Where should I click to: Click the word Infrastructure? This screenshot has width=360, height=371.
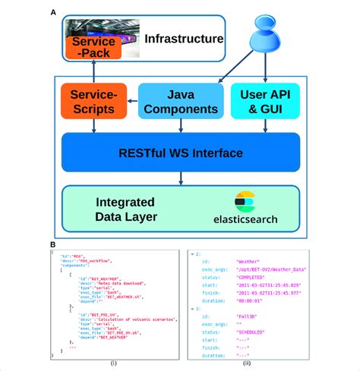pyautogui.click(x=185, y=39)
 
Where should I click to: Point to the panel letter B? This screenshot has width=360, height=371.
pyautogui.click(x=52, y=245)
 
